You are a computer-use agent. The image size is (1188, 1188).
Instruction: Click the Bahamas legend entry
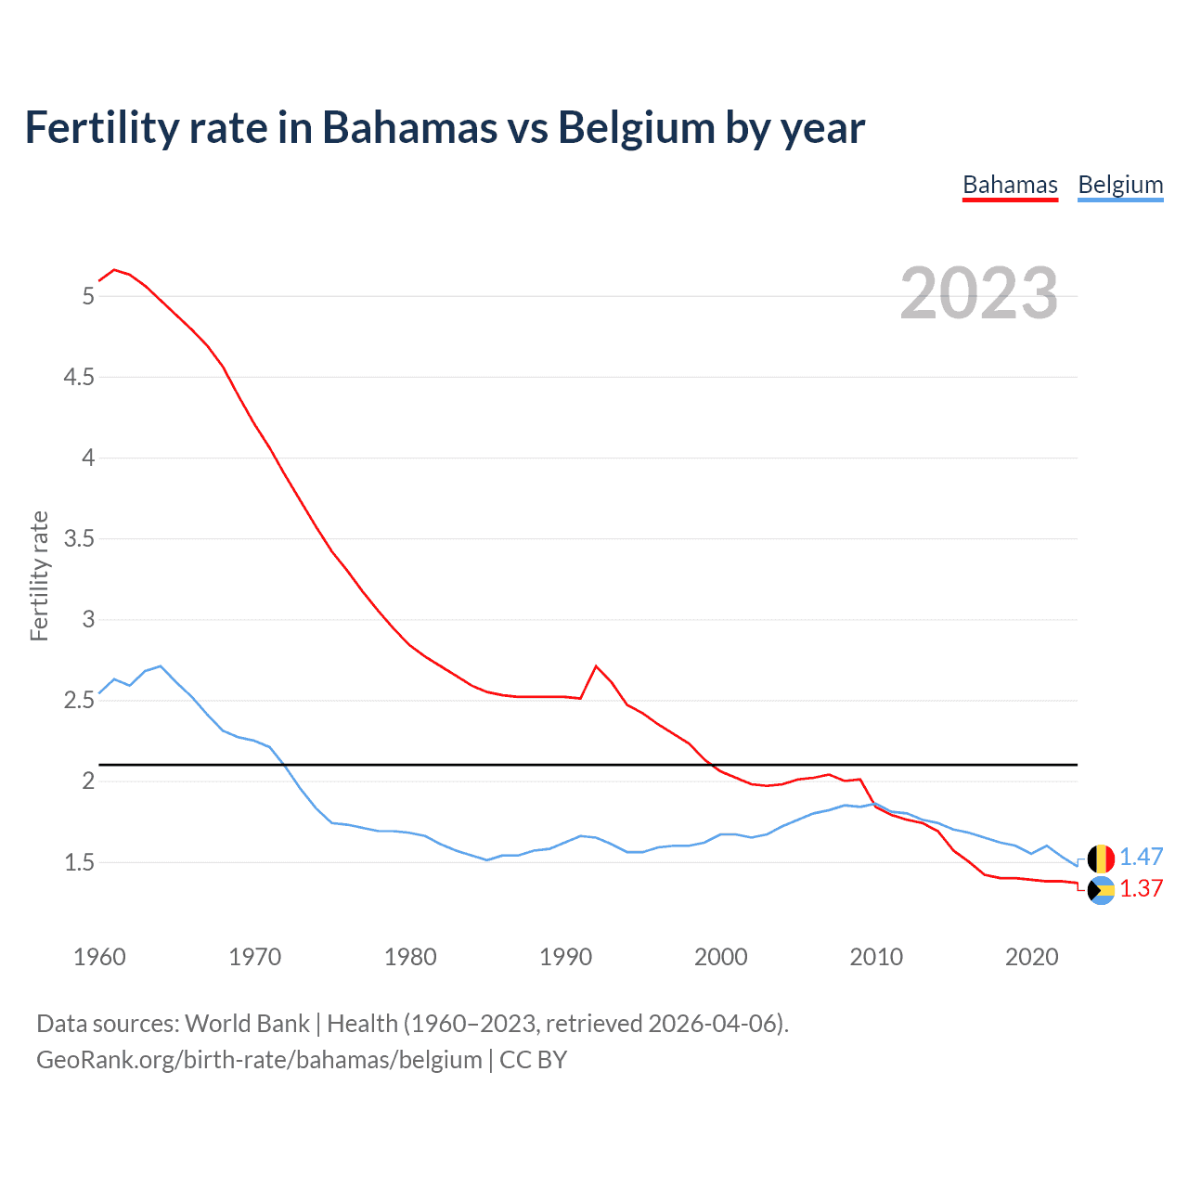pyautogui.click(x=1010, y=186)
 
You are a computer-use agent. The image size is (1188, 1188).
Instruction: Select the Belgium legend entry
pyautogui.click(x=1120, y=186)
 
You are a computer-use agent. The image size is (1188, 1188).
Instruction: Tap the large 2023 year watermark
pyautogui.click(x=979, y=293)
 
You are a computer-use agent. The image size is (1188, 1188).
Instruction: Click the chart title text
pyautogui.click(x=445, y=127)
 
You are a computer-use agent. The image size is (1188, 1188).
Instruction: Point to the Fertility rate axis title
pyautogui.click(x=39, y=575)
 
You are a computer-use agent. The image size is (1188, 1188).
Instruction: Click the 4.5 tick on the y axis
pyautogui.click(x=79, y=377)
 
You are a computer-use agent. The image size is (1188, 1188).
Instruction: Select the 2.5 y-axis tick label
pyautogui.click(x=79, y=700)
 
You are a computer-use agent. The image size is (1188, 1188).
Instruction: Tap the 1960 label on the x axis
pyautogui.click(x=99, y=957)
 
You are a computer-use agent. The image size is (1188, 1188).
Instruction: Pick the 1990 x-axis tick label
pyautogui.click(x=565, y=957)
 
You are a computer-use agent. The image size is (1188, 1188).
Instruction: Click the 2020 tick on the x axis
pyautogui.click(x=1031, y=957)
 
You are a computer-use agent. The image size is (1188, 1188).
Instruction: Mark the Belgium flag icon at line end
pyautogui.click(x=1101, y=858)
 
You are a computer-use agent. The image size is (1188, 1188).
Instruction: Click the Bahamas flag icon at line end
pyautogui.click(x=1101, y=890)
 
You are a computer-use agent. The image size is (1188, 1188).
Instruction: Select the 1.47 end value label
pyautogui.click(x=1141, y=858)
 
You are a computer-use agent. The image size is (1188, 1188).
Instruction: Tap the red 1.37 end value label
pyautogui.click(x=1141, y=889)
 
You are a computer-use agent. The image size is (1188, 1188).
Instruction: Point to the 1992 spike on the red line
pyautogui.click(x=596, y=666)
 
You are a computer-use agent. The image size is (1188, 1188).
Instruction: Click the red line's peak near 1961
pyautogui.click(x=114, y=270)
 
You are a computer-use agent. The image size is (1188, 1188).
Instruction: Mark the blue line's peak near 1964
pyautogui.click(x=161, y=666)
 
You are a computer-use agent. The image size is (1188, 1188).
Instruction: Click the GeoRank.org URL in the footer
pyautogui.click(x=259, y=1060)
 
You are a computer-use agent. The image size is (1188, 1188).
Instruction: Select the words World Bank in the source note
pyautogui.click(x=247, y=1024)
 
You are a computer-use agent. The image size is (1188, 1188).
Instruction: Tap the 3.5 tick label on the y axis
pyautogui.click(x=79, y=538)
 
